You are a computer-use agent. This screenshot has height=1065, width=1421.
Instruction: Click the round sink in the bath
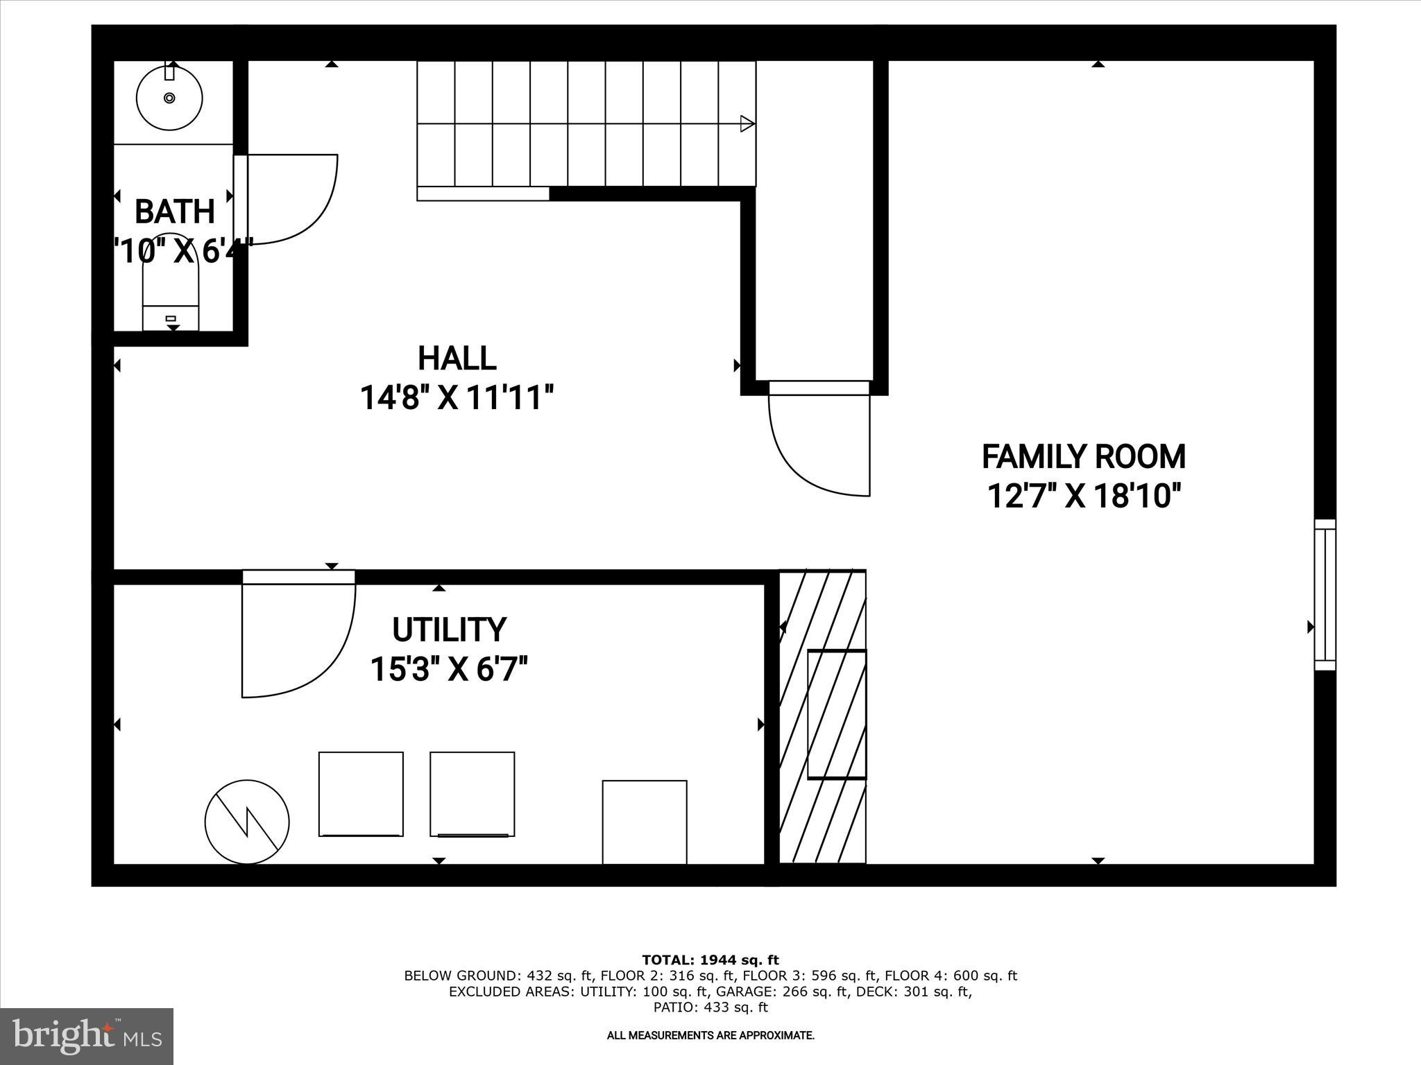pos(169,97)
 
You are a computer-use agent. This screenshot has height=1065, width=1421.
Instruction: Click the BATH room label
pos(175,211)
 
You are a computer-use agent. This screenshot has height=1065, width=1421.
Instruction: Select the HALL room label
pos(457,358)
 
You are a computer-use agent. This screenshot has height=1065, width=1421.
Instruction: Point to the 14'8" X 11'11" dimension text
pos(457,399)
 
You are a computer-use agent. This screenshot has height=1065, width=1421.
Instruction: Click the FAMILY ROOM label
pos(1083,457)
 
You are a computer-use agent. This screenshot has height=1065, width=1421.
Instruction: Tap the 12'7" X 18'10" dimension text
pos(1083,496)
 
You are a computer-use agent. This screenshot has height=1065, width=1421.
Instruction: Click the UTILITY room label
pos(449,630)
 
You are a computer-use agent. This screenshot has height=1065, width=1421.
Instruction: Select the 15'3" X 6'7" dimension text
pos(449,670)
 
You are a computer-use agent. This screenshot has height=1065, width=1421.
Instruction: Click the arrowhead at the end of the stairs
pos(747,124)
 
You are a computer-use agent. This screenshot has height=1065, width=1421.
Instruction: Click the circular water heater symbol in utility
pos(247,822)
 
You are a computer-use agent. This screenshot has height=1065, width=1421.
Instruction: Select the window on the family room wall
pos(1325,595)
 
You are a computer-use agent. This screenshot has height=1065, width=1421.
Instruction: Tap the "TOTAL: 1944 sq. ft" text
pos(710,960)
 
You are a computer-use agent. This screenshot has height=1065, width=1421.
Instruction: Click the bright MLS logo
pos(87,1036)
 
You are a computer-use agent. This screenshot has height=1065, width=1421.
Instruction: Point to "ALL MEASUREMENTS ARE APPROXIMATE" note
pos(710,1035)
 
